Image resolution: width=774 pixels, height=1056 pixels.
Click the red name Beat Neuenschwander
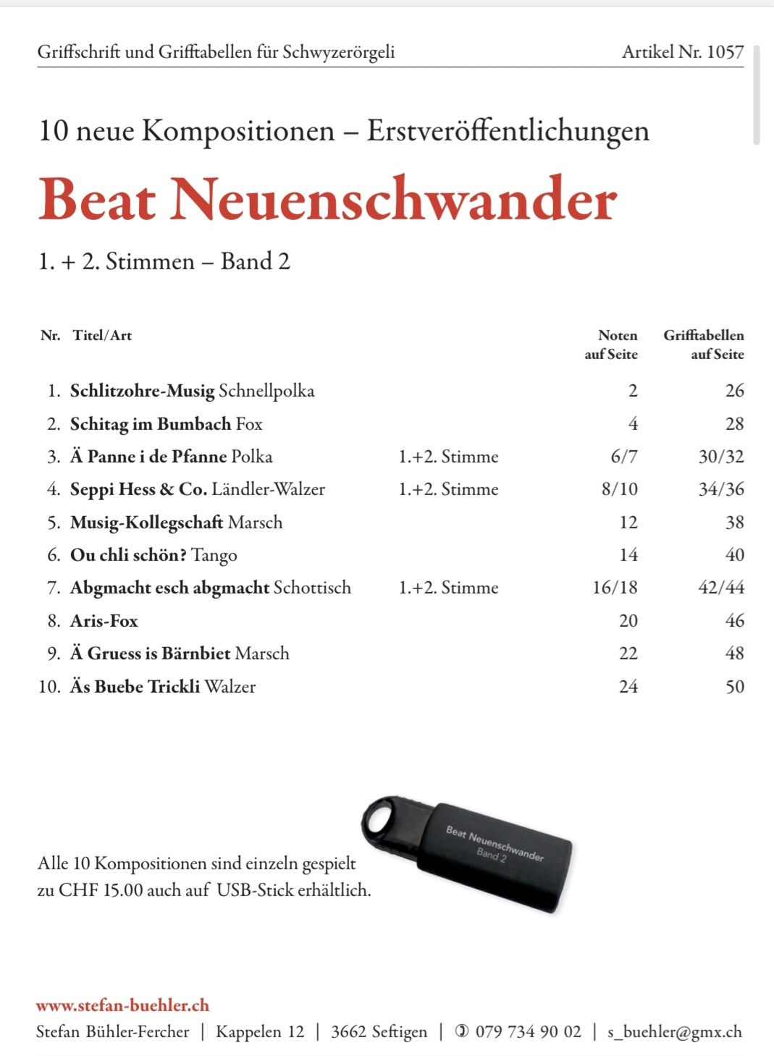tap(327, 199)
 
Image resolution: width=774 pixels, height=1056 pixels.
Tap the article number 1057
tap(725, 52)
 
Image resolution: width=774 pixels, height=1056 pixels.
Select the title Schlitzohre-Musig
tap(142, 391)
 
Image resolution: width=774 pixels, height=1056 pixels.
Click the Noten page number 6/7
tap(623, 457)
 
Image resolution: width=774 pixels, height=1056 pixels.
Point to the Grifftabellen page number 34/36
tap(720, 489)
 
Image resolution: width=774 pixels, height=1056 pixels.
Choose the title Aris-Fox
tap(104, 621)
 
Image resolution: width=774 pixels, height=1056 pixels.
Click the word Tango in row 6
tap(214, 555)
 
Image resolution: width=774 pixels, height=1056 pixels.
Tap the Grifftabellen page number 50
tap(734, 687)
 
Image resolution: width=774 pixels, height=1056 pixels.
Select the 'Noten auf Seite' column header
tap(612, 345)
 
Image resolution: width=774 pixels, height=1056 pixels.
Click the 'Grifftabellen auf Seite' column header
tap(704, 345)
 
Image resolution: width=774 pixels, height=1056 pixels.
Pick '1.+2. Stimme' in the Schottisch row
tap(448, 588)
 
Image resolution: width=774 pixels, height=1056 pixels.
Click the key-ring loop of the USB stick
tap(379, 820)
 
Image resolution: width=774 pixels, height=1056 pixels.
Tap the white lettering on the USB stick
tap(494, 845)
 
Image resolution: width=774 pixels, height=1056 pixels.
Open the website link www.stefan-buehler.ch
tap(122, 1005)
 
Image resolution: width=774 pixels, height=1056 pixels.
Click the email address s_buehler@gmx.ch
tap(674, 1032)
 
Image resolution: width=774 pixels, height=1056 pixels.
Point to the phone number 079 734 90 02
tap(528, 1032)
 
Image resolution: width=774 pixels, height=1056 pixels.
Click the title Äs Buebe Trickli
tap(135, 687)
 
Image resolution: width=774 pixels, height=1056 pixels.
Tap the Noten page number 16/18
tap(615, 588)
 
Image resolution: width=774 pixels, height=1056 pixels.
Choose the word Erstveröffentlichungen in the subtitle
tap(508, 131)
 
